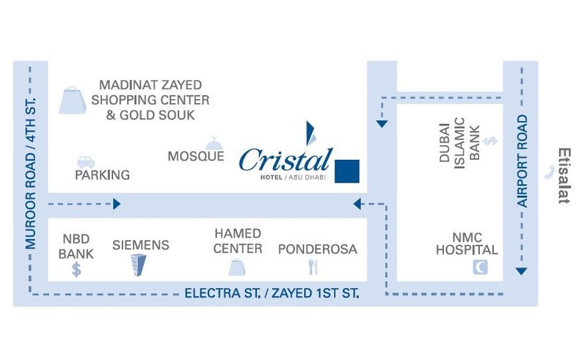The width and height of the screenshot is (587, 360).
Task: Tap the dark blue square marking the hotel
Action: pos(347,171)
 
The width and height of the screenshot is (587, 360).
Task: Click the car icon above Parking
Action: pos(86,161)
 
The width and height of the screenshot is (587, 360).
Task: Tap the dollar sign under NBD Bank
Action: pos(76,269)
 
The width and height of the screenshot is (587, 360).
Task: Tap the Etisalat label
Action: pos(564,176)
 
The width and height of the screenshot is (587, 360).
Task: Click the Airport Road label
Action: pos(523,160)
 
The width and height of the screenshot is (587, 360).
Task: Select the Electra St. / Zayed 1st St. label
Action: pos(271,293)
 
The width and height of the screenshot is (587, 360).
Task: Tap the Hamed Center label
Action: pos(238,241)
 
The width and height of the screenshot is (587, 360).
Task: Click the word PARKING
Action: pos(102,175)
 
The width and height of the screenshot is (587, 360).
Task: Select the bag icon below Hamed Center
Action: pos(237,267)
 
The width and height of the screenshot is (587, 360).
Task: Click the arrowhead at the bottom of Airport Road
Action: pos(521,271)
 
